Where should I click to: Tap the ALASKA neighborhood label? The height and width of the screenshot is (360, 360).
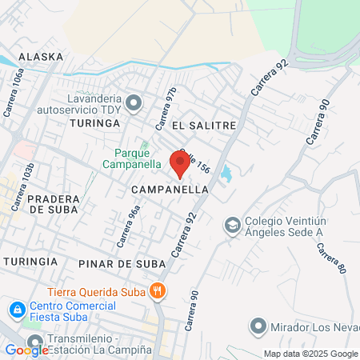(40, 57)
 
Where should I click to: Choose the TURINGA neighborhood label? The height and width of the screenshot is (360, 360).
(94, 123)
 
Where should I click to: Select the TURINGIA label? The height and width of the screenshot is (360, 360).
(30, 262)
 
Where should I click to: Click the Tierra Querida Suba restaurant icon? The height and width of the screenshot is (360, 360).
(159, 291)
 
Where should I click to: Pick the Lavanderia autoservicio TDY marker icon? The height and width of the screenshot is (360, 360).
(134, 102)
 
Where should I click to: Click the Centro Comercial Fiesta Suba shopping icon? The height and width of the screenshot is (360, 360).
(16, 309)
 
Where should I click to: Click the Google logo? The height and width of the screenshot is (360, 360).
(26, 350)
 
